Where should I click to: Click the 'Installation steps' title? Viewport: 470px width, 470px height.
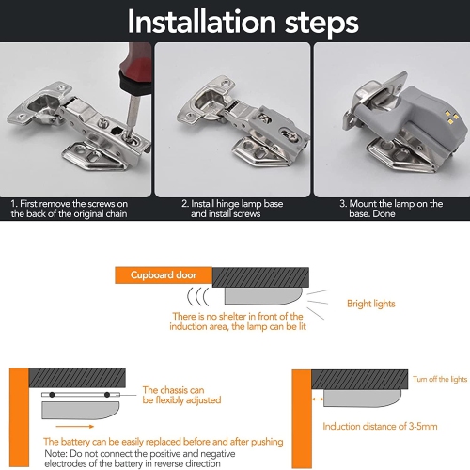[x=243, y=22]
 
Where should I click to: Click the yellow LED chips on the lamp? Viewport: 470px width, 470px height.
[x=451, y=117]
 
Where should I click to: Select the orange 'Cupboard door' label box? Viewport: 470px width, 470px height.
[x=164, y=275]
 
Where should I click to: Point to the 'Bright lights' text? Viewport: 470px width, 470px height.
[x=371, y=304]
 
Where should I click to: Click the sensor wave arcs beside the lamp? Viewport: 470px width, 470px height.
[x=198, y=296]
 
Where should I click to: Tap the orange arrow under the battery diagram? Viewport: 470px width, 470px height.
[x=75, y=426]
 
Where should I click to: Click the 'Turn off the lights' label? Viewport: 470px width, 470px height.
[x=440, y=379]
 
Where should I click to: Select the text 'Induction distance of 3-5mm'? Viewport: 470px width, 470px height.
[x=380, y=426]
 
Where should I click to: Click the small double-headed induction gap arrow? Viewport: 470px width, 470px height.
[x=318, y=399]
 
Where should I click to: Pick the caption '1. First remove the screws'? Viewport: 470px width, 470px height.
[x=70, y=204]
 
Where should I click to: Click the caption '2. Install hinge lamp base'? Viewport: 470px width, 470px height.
[x=232, y=204]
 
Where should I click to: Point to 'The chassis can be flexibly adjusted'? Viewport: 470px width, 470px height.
[x=181, y=395]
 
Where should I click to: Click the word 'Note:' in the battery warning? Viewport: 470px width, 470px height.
[x=55, y=453]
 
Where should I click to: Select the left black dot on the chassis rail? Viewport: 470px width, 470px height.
[x=52, y=395]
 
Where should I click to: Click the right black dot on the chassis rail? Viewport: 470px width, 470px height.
[x=107, y=395]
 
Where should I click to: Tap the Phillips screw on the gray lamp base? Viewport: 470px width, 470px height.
[x=293, y=136]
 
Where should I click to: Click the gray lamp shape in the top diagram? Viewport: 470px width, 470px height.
[x=263, y=296]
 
